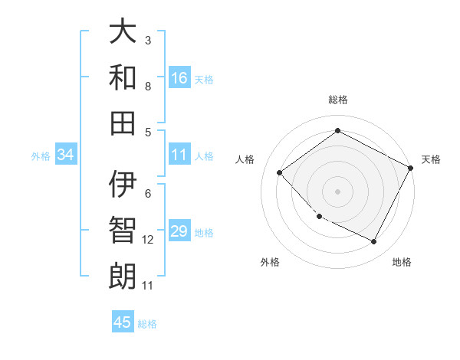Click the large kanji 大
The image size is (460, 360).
click(x=123, y=32)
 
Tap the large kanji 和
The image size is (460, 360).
click(x=123, y=78)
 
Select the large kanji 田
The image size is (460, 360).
click(x=123, y=123)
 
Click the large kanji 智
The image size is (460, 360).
click(x=123, y=231)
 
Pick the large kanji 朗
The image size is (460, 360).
click(x=123, y=276)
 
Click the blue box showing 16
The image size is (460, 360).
click(x=179, y=78)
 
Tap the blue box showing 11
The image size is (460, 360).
click(x=179, y=155)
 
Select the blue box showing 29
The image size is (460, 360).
click(x=179, y=231)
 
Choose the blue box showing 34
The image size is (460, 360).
click(x=66, y=155)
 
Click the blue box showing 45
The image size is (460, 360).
click(x=123, y=322)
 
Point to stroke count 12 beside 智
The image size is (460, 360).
click(x=148, y=240)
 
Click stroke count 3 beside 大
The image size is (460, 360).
click(x=148, y=40)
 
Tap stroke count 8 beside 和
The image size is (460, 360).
click(x=148, y=86)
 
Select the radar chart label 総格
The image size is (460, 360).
click(x=337, y=100)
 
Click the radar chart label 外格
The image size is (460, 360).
click(x=270, y=262)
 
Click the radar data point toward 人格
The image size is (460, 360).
click(x=280, y=172)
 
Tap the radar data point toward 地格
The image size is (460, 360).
click(x=373, y=242)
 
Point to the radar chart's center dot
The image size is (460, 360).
click(x=337, y=191)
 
